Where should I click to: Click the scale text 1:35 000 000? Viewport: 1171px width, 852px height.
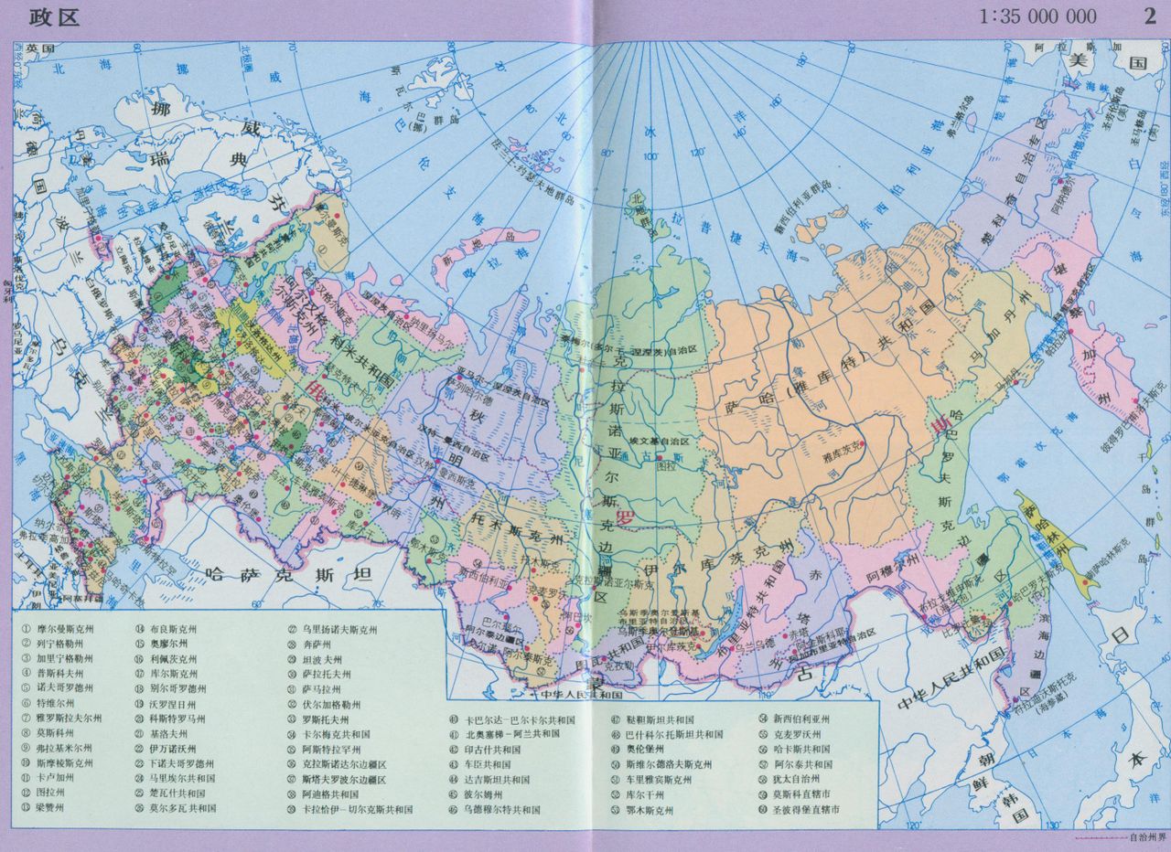pos(1037,16)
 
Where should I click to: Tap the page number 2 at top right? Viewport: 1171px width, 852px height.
pos(1149,16)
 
